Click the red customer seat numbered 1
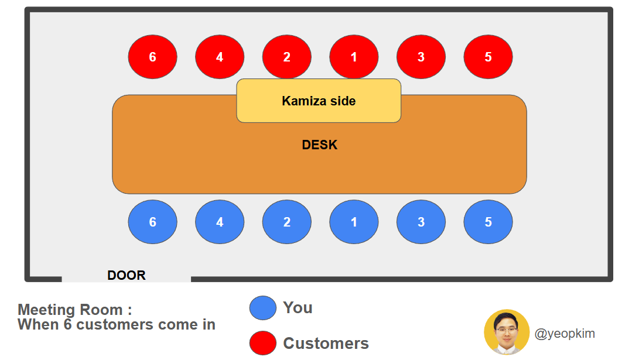tap(354, 57)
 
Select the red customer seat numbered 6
tap(153, 57)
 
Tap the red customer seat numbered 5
tap(488, 57)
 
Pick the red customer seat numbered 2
tap(287, 57)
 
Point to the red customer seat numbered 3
tap(421, 57)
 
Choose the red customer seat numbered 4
tap(220, 57)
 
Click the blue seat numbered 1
tap(354, 222)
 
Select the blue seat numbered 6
tap(153, 222)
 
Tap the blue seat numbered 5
tap(488, 222)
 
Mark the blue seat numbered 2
tap(287, 222)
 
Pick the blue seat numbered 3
tap(421, 222)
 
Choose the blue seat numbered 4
tap(220, 222)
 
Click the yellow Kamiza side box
tap(319, 101)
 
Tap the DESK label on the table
tap(320, 145)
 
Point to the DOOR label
tap(127, 275)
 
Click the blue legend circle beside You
tap(263, 308)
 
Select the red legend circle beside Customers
tap(263, 343)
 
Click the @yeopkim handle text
tap(565, 334)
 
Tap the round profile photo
tap(507, 332)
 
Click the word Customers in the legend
tap(326, 343)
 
